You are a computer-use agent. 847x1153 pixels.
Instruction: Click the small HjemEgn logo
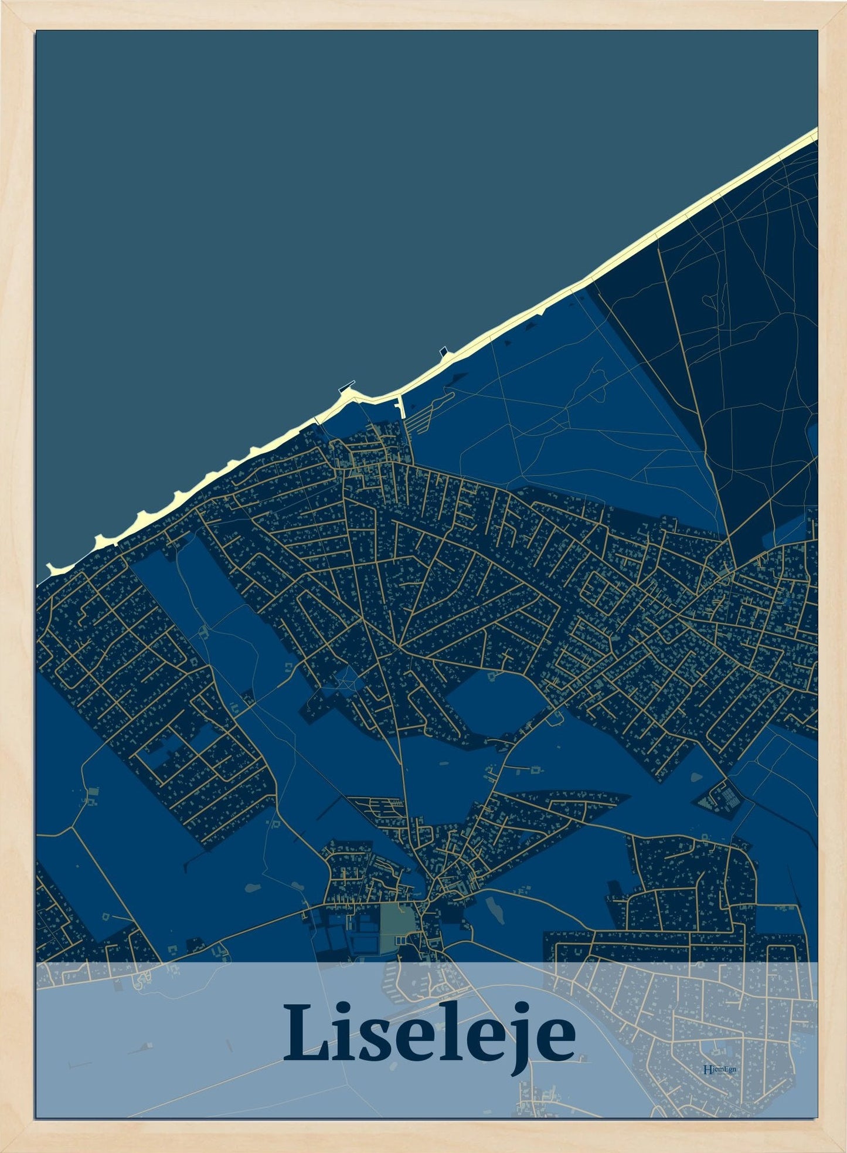pos(719,1069)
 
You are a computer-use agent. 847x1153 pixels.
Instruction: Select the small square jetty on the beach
pos(445,352)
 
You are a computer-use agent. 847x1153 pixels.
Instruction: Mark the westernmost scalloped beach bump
pos(55,568)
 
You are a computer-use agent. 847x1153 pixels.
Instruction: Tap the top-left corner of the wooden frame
pos(5,5)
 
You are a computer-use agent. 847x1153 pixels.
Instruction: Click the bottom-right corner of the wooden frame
pos(842,1148)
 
